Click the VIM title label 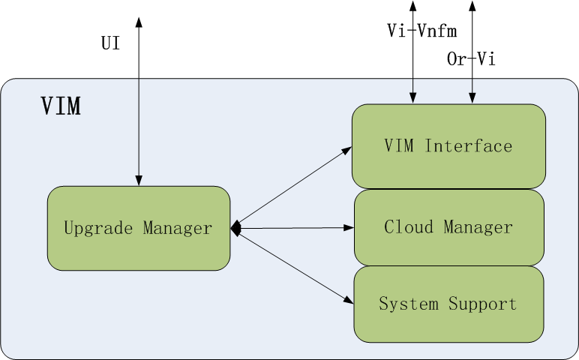click(61, 106)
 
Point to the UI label click(110, 43)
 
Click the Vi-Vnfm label click(422, 31)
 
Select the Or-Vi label click(471, 59)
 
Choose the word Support click(483, 304)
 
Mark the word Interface click(469, 146)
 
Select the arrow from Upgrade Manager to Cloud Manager click(292, 228)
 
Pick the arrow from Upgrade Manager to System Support click(292, 265)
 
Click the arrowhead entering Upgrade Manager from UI click(139, 181)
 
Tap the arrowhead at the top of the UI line click(139, 18)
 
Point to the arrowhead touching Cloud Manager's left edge click(349, 227)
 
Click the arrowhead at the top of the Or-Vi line click(472, 5)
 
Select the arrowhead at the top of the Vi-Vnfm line click(412, 5)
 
